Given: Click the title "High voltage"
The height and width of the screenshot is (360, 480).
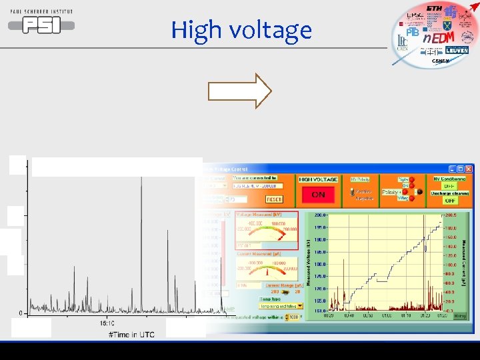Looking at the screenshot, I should click(241, 30).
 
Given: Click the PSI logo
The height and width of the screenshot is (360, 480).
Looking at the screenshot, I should click(41, 25).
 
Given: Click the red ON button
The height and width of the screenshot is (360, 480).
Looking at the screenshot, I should click(318, 195).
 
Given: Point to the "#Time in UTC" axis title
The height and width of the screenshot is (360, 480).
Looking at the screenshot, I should click(131, 334).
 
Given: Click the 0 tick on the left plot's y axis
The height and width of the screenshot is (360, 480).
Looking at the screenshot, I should click(21, 313).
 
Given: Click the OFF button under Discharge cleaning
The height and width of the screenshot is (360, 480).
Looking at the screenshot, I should click(450, 201).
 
